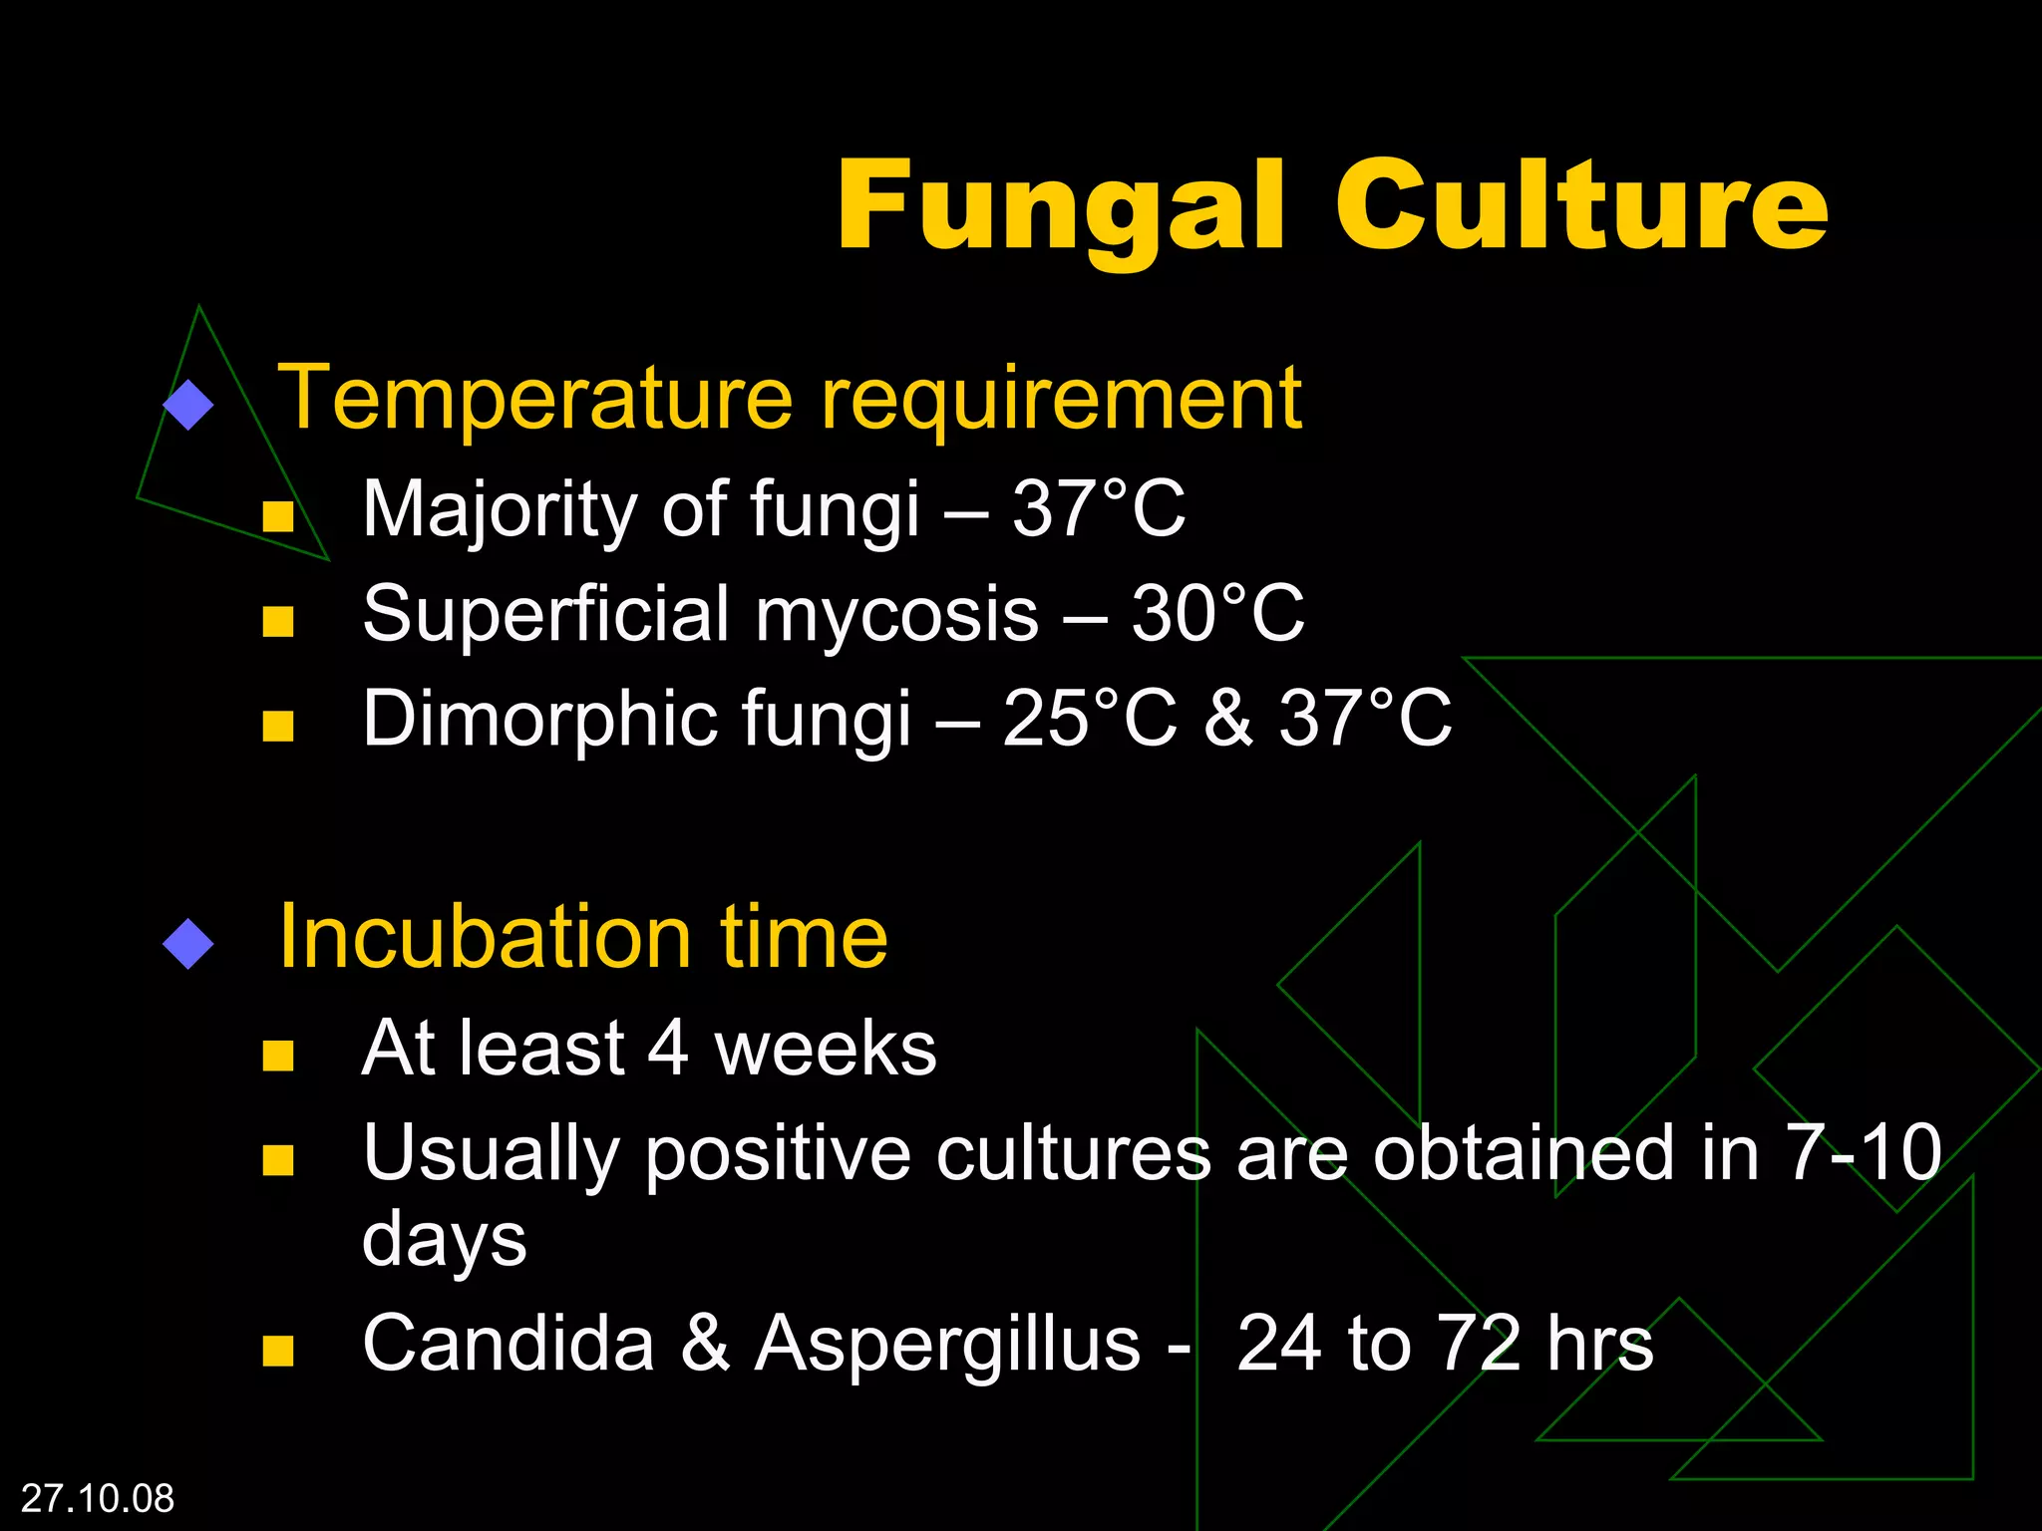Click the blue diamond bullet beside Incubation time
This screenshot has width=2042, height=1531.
pyautogui.click(x=188, y=943)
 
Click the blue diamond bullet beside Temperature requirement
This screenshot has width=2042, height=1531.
pyautogui.click(x=188, y=405)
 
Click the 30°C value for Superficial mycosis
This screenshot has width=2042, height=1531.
pyautogui.click(x=1217, y=614)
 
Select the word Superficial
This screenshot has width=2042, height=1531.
pyautogui.click(x=546, y=614)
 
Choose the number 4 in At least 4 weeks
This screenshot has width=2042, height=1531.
pyautogui.click(x=667, y=1049)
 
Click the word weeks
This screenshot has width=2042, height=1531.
pyautogui.click(x=826, y=1049)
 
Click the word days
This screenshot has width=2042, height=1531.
pyautogui.click(x=444, y=1241)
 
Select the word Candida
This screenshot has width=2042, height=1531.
pyautogui.click(x=509, y=1344)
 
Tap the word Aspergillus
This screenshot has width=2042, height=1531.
pyautogui.click(x=947, y=1346)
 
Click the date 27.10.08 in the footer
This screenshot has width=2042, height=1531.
pyautogui.click(x=98, y=1498)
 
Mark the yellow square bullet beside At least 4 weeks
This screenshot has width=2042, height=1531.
pyautogui.click(x=278, y=1056)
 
